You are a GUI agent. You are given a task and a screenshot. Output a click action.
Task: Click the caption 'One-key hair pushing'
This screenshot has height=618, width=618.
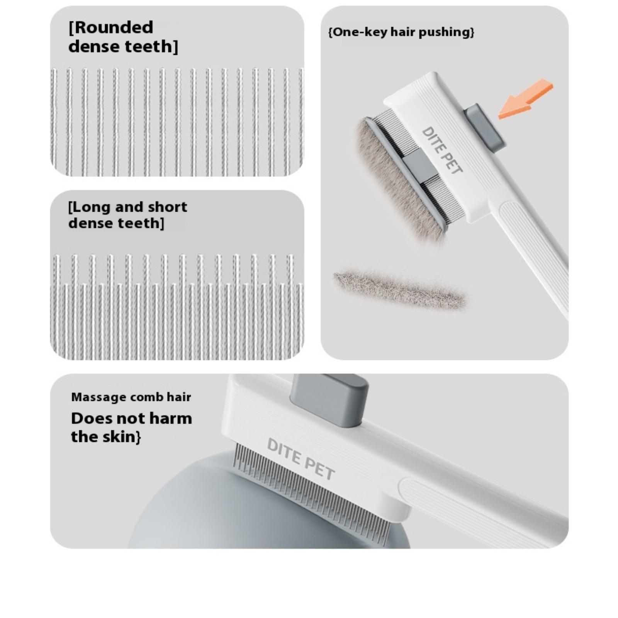click(x=401, y=32)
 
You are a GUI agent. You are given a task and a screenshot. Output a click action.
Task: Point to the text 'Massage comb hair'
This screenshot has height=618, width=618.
click(x=131, y=397)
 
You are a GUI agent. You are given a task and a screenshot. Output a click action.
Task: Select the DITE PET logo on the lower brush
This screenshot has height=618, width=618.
click(x=301, y=459)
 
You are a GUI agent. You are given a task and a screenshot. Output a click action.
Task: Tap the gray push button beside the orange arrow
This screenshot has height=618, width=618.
click(x=484, y=127)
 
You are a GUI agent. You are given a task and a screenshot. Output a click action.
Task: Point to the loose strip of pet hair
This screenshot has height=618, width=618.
click(x=401, y=289)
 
